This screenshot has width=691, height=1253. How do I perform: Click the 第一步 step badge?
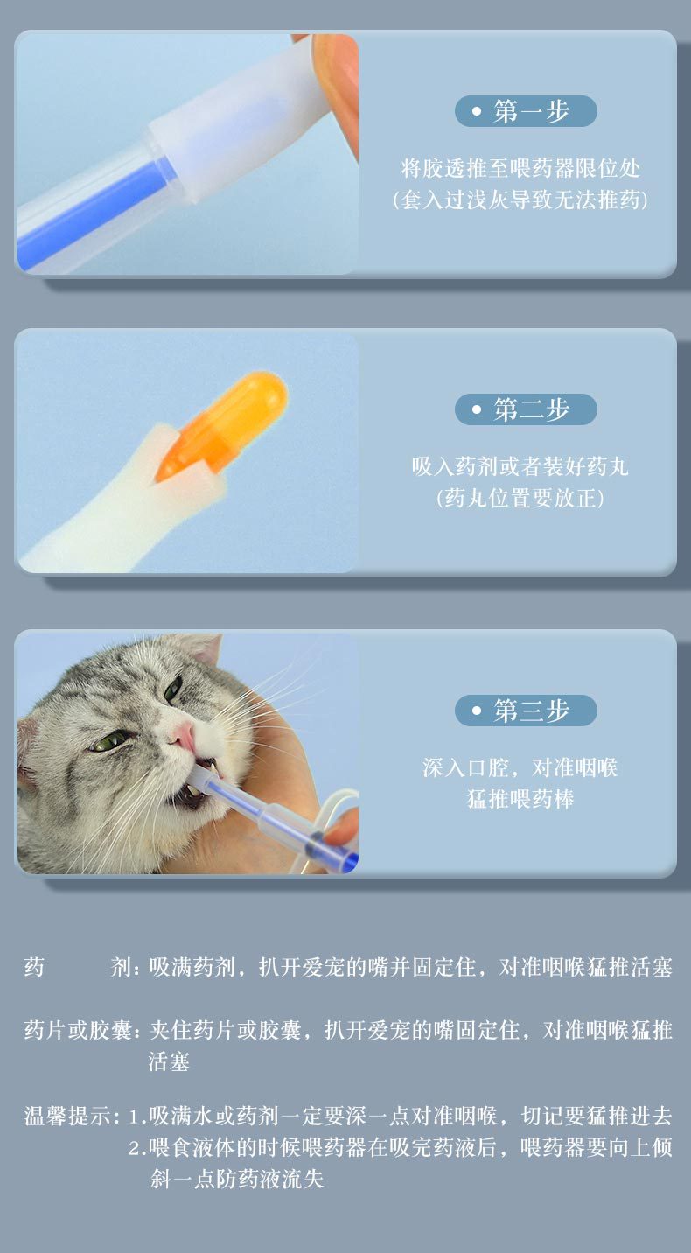526,111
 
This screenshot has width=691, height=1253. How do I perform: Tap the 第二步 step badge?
526,409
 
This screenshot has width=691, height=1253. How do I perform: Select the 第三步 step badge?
526,710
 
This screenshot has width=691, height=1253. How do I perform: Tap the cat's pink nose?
184,734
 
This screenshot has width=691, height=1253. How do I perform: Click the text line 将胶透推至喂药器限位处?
520,168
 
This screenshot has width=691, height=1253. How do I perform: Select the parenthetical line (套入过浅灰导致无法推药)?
520,199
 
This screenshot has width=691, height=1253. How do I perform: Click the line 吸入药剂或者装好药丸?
520,466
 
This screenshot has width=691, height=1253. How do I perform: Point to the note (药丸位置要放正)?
520,499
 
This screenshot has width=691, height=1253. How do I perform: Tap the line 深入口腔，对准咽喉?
520,767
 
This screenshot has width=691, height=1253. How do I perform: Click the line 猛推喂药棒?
520,799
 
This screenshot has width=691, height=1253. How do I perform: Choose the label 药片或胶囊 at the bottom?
78,1031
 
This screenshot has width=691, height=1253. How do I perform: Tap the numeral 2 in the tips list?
135,1148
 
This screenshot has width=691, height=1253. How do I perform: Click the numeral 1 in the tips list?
134,1117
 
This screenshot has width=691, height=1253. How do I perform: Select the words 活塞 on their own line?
169,1061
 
